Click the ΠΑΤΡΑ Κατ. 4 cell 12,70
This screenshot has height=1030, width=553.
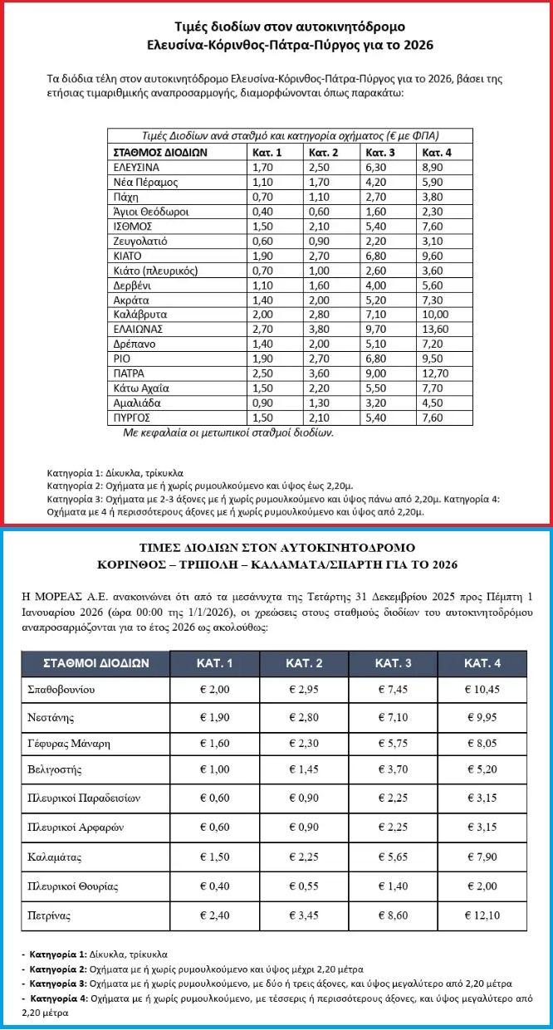tap(436, 373)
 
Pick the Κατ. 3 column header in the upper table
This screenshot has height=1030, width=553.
tap(380, 153)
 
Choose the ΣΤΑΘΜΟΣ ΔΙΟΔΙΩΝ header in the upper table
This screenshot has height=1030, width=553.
tap(159, 153)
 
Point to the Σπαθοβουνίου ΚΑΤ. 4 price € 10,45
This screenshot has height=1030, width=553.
tap(482, 690)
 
